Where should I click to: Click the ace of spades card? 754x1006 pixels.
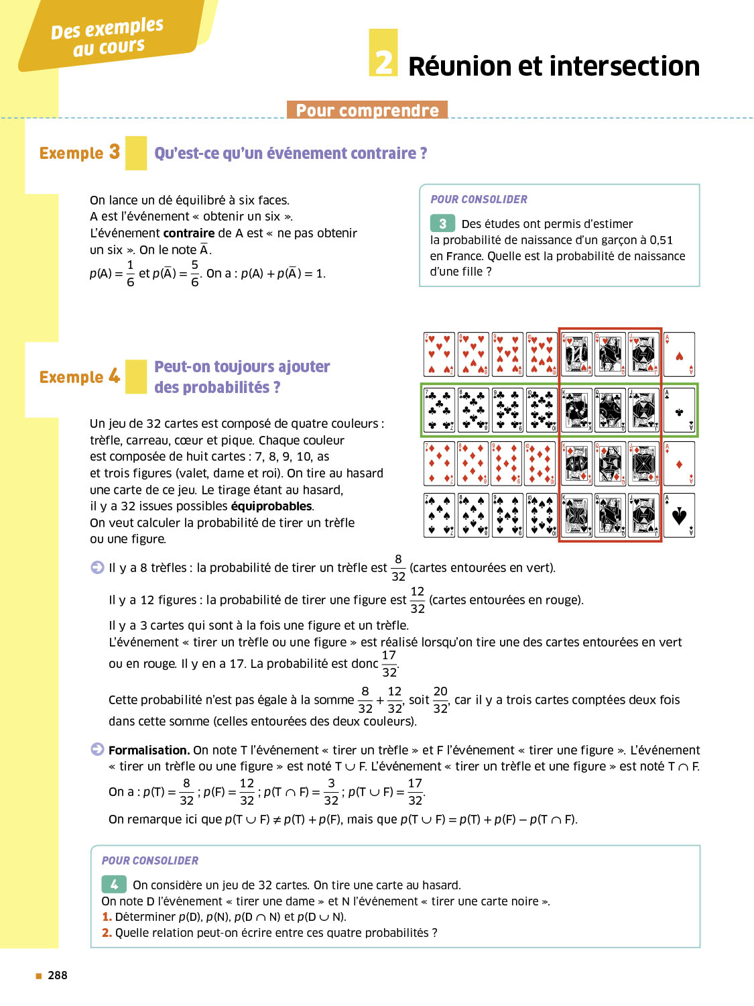(679, 516)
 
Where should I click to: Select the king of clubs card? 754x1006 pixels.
(576, 410)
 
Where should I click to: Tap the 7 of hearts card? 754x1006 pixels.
(439, 354)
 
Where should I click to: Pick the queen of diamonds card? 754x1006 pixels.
(610, 463)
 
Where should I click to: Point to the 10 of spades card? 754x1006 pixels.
(542, 516)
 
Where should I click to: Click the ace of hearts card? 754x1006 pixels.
(679, 354)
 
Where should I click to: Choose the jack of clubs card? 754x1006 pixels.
(644, 410)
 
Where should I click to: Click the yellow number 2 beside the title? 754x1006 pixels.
(383, 53)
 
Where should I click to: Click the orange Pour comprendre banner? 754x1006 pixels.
(367, 110)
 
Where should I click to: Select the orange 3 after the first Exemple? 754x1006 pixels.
(115, 152)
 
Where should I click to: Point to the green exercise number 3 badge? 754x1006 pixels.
(442, 223)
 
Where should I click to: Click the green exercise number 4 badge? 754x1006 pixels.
(114, 884)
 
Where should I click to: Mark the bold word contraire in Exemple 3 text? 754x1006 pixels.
(189, 233)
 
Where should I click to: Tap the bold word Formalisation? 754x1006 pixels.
(149, 750)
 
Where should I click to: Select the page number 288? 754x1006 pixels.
(58, 976)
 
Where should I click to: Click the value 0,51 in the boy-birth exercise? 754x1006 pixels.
(661, 240)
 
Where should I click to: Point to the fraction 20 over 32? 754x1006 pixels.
(440, 700)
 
